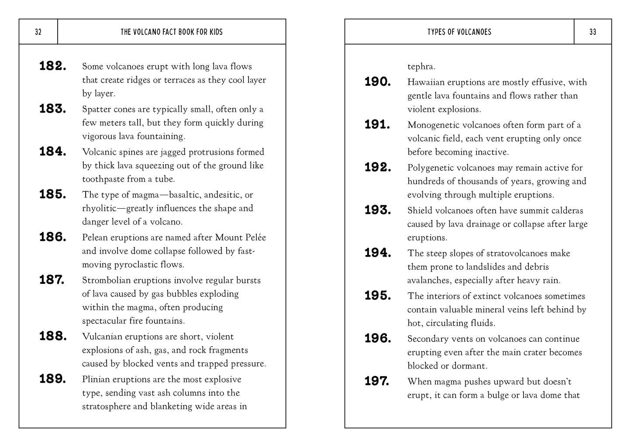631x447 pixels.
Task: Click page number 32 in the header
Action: point(38,32)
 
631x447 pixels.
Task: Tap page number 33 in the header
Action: point(593,32)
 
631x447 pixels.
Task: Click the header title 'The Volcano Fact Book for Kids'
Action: point(172,32)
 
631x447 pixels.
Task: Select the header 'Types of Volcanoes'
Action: point(459,32)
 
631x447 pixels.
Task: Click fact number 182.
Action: point(53,66)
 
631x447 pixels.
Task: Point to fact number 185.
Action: point(53,195)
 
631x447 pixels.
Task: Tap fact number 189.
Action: point(53,379)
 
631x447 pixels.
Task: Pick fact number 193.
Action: point(378,210)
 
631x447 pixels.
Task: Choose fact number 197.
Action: point(377,382)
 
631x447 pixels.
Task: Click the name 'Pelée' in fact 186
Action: point(255,237)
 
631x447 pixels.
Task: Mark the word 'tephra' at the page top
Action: point(421,67)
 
